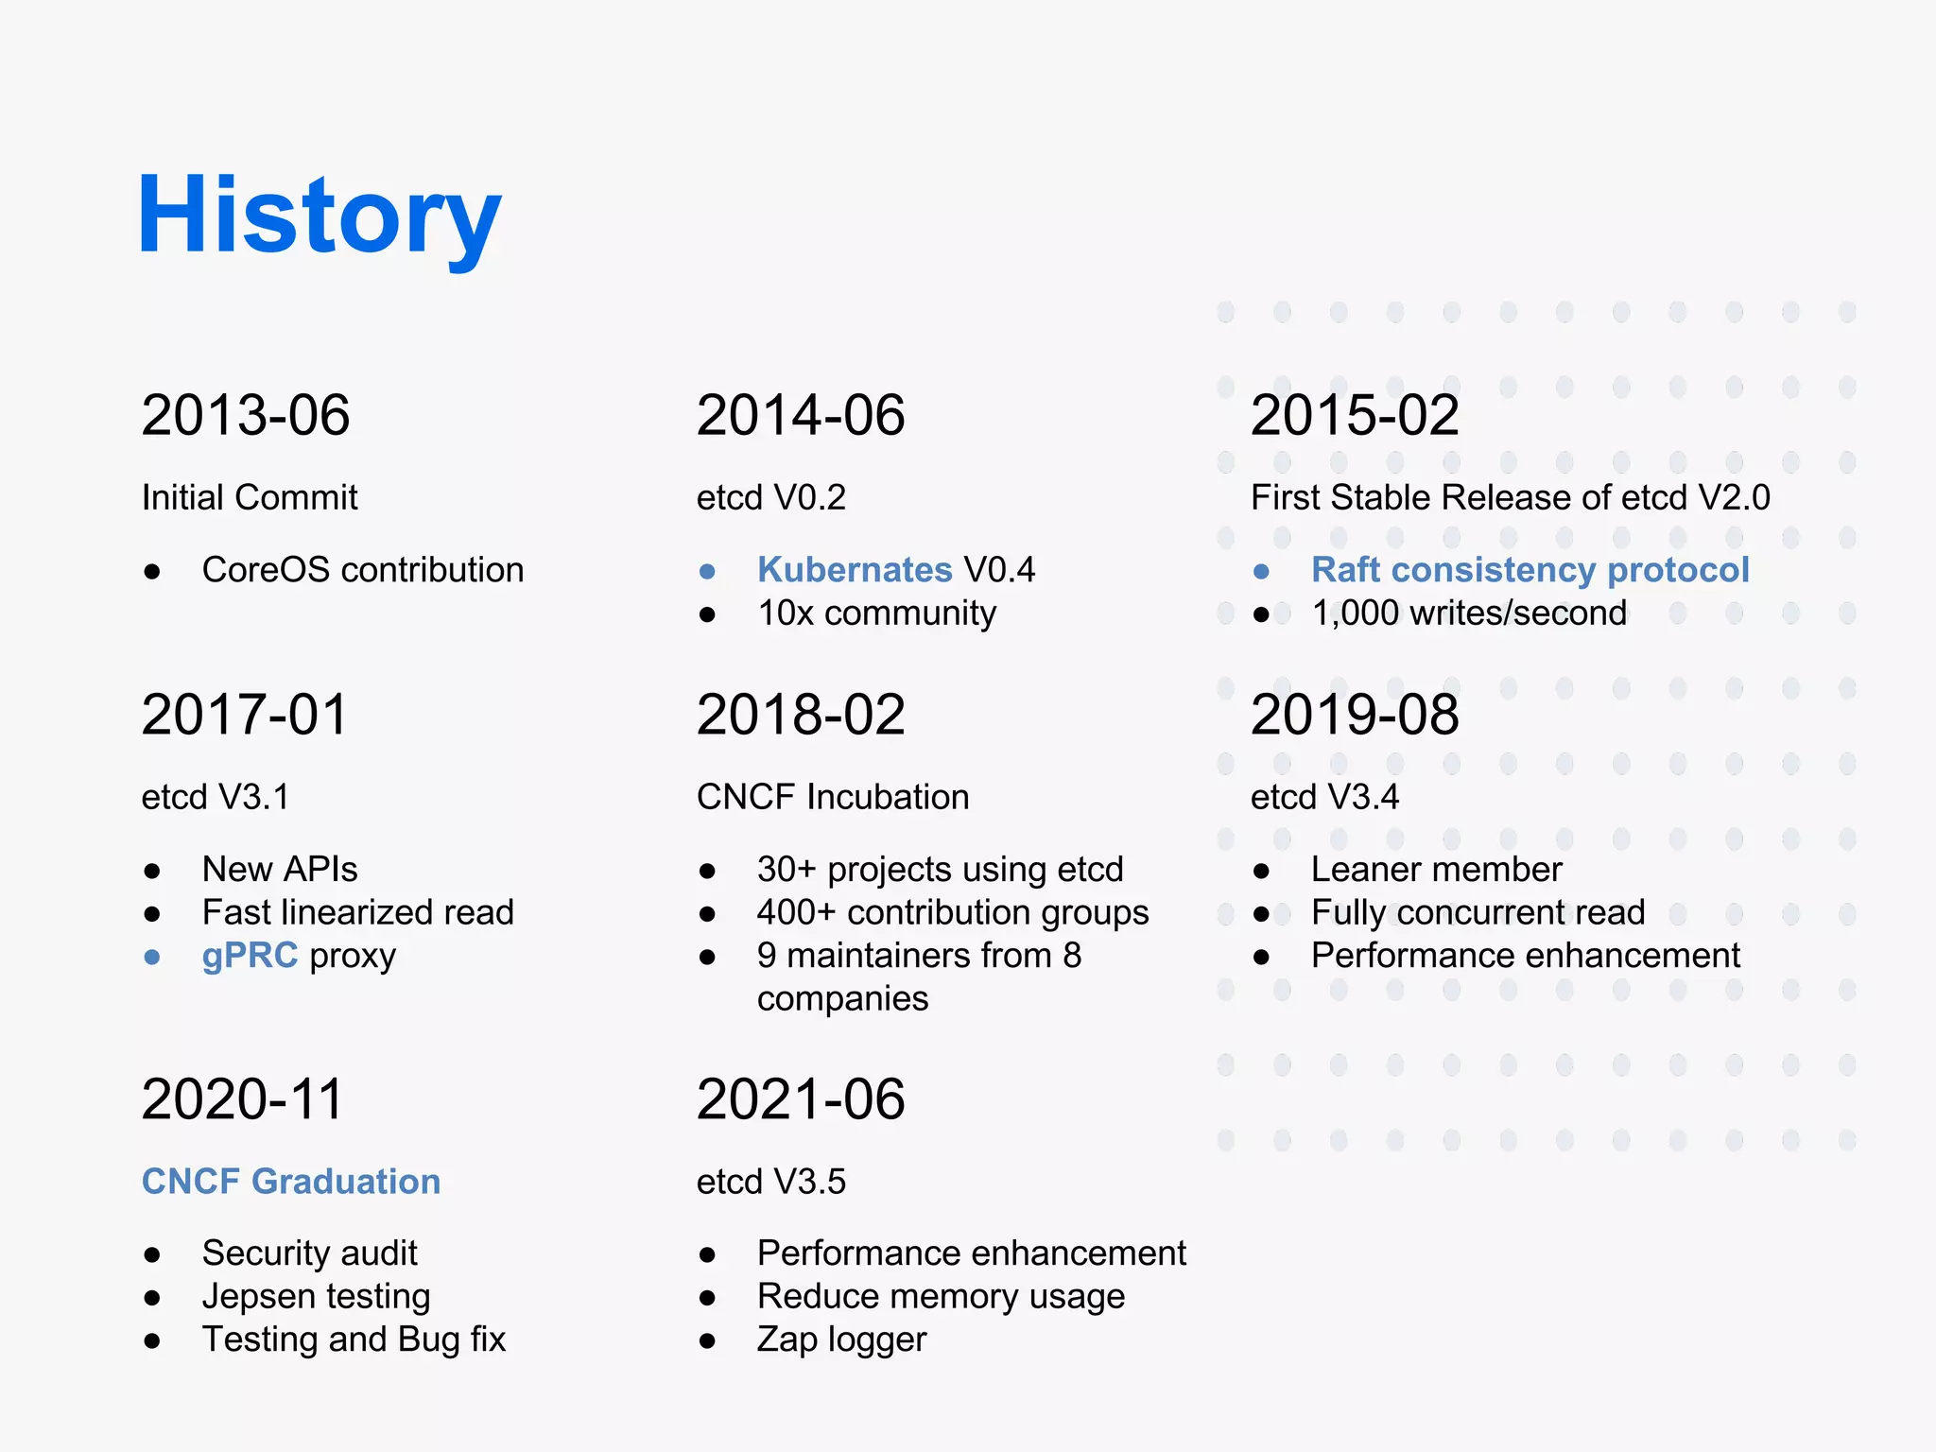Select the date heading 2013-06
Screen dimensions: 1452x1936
246,415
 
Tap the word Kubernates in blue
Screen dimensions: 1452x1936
855,570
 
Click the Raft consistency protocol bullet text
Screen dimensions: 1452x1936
1530,570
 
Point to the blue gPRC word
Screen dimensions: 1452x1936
250,956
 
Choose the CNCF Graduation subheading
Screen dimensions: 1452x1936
291,1182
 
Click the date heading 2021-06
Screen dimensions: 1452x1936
801,1099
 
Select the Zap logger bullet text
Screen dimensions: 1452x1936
841,1340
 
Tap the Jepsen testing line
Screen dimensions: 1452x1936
316,1296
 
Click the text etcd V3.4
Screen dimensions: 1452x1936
1324,797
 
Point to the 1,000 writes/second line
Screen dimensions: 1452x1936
1469,614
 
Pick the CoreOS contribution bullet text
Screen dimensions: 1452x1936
363,570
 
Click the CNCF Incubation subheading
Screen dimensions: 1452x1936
833,797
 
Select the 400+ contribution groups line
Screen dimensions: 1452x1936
953,912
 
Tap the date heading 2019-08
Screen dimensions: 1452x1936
1355,715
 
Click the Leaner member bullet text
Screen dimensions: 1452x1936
1436,870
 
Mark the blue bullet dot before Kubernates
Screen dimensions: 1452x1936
707,572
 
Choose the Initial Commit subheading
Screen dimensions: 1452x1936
250,497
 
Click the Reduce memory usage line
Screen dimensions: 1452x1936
941,1296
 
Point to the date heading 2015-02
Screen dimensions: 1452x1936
1355,415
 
